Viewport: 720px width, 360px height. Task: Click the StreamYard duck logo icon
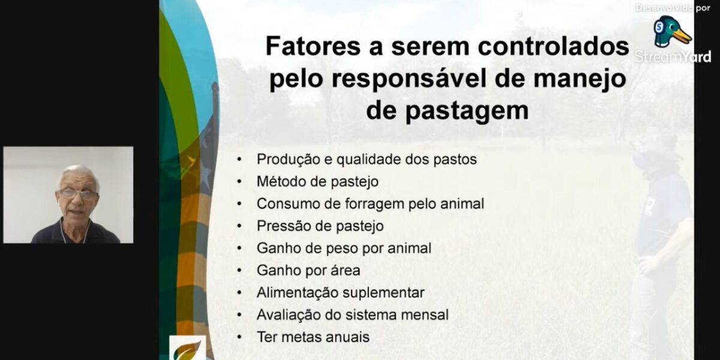pos(671,32)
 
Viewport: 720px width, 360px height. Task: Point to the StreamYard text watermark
pos(673,57)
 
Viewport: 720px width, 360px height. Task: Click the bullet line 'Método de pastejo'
pos(317,181)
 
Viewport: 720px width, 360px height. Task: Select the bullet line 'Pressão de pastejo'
pos(320,226)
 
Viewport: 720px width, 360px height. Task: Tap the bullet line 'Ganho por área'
pos(308,270)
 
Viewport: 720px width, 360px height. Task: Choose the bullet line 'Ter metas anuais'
pos(313,337)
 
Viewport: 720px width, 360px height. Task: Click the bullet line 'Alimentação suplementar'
pos(340,292)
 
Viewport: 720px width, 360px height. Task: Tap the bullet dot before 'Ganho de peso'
pos(240,248)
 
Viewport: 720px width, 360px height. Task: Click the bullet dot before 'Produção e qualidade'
pos(240,159)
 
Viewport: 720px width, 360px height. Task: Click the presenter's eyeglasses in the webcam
pos(78,194)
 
